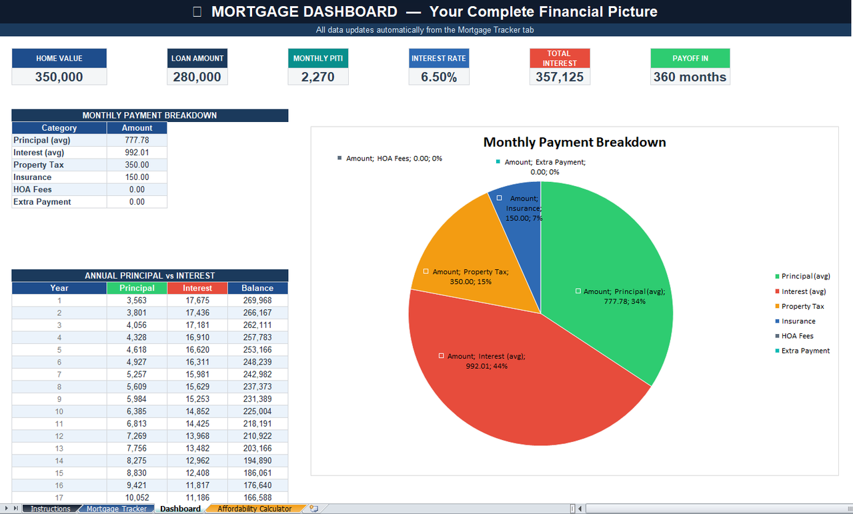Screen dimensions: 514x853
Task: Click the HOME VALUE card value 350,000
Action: click(59, 77)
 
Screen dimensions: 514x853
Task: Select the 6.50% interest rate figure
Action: click(438, 77)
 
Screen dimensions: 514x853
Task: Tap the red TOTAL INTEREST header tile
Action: click(559, 58)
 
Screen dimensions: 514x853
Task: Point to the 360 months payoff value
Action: click(690, 77)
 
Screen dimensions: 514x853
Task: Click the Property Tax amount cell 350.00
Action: click(137, 165)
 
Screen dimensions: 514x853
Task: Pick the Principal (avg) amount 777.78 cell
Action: click(137, 140)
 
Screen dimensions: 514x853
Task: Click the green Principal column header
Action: click(137, 288)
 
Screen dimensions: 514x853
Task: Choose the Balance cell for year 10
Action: click(257, 411)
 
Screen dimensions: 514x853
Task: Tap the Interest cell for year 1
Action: click(197, 301)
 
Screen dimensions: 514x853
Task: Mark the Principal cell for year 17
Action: click(137, 497)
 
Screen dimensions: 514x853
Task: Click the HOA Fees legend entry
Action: click(797, 336)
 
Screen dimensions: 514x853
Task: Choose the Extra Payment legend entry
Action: click(805, 351)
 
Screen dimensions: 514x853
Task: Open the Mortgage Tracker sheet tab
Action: click(116, 509)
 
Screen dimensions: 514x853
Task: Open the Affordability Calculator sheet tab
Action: click(254, 509)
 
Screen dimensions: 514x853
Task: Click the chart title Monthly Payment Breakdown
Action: click(574, 142)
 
